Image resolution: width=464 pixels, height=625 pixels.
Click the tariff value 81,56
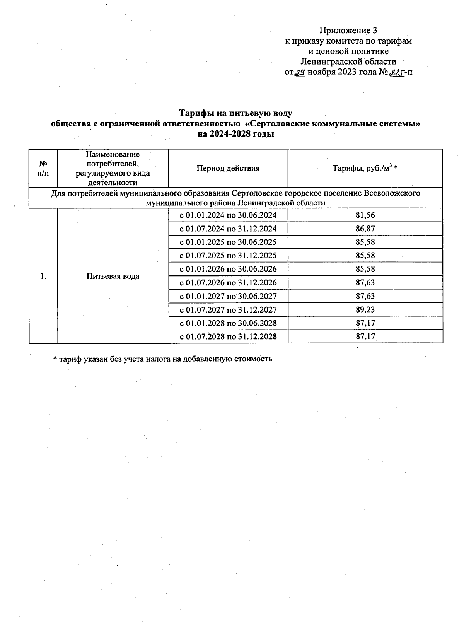point(365,215)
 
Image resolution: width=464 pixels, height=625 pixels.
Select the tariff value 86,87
point(365,229)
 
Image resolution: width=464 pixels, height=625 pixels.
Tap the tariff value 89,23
point(365,309)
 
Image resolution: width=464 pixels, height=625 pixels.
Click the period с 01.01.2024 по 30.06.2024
point(228,215)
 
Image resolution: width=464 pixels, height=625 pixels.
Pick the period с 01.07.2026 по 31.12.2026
point(228,283)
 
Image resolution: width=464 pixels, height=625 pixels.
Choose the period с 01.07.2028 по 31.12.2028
point(228,336)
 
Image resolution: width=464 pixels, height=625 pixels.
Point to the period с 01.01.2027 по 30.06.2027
point(228,296)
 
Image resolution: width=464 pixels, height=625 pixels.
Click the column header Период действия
point(228,168)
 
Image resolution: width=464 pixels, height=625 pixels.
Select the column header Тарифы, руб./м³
point(365,168)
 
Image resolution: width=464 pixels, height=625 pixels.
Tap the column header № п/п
point(43,168)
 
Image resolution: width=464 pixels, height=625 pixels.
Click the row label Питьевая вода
point(113,276)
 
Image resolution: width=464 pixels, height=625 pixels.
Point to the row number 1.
point(43,276)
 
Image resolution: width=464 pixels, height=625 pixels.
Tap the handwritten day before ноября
point(300,72)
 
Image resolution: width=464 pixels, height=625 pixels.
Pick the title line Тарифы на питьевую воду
point(235,113)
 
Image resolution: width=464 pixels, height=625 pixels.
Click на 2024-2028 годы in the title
point(235,134)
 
